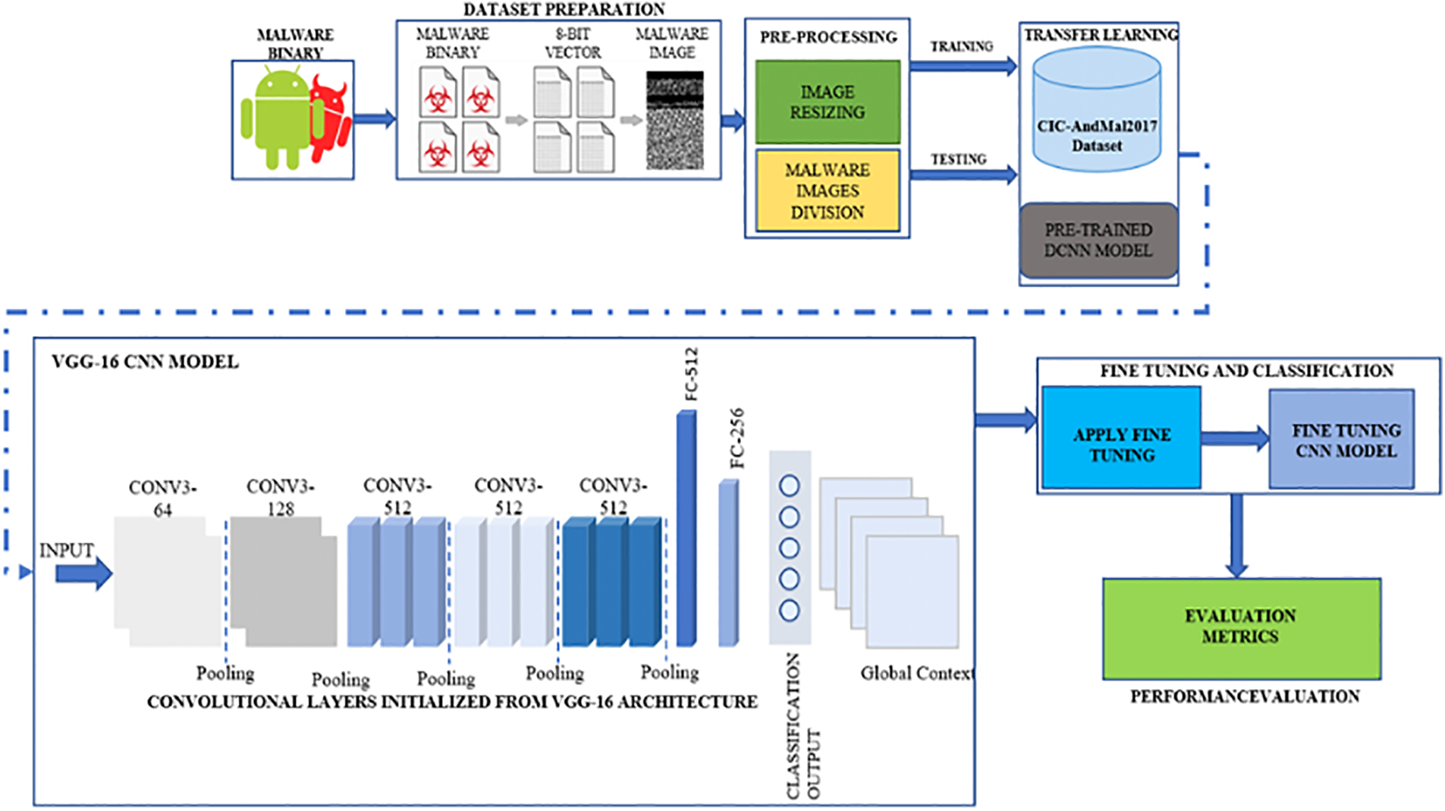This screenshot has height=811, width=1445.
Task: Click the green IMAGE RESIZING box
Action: [x=828, y=102]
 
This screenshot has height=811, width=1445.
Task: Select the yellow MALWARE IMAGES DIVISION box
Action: [x=828, y=190]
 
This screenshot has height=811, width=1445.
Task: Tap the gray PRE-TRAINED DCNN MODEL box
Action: [x=1098, y=240]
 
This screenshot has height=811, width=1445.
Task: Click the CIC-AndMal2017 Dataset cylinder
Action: [x=1097, y=109]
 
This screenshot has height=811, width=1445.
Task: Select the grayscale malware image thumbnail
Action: [x=674, y=121]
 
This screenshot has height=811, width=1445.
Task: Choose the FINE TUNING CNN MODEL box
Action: [x=1342, y=439]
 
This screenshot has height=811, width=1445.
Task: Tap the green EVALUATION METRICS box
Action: [x=1242, y=628]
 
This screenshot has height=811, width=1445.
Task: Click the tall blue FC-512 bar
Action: [x=686, y=529]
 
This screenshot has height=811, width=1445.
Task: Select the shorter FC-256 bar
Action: [x=728, y=563]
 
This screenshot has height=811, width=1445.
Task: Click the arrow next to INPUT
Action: [x=84, y=573]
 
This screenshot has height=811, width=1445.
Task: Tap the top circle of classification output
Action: [x=789, y=486]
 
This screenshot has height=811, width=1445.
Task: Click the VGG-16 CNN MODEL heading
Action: [x=145, y=362]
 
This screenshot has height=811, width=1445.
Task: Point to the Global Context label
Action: [x=917, y=673]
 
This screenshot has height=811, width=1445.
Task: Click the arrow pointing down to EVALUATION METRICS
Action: [x=1236, y=536]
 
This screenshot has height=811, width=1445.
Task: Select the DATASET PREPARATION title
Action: [x=564, y=9]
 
